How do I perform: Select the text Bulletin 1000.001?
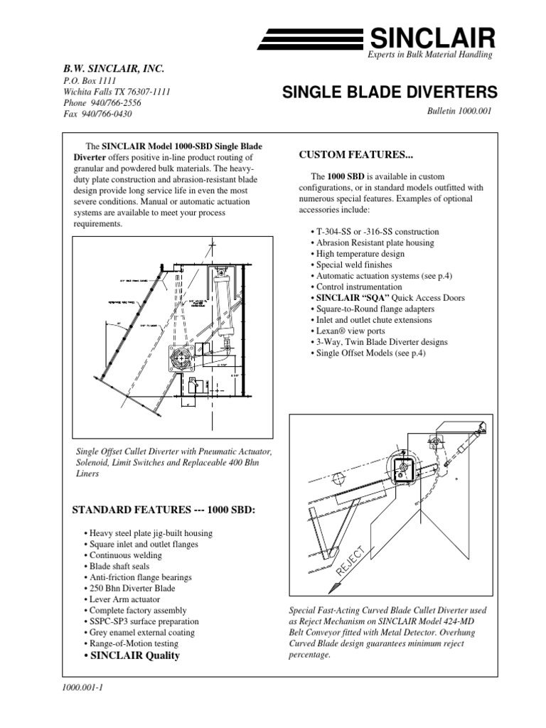click(458, 112)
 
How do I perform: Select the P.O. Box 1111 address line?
click(80, 81)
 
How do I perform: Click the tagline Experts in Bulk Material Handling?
click(429, 55)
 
